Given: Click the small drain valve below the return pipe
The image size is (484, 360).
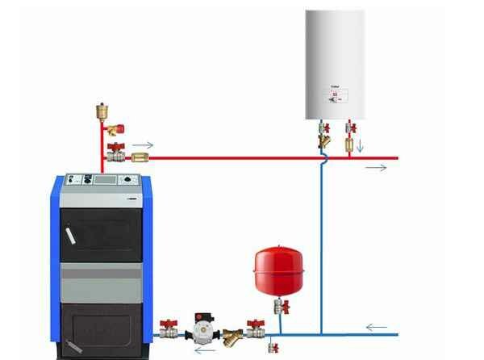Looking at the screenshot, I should tap(273, 346).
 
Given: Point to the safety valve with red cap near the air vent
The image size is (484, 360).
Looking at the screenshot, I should tap(116, 128).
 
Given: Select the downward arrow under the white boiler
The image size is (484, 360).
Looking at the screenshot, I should tap(361, 147).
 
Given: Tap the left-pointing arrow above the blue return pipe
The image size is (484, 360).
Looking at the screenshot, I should tap(375, 327).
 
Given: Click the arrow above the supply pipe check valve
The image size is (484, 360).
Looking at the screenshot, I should tap(141, 145).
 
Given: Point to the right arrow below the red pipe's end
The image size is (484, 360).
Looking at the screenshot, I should tap(376, 168).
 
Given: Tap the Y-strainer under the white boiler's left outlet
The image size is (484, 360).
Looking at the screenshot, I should tap(323, 140).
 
